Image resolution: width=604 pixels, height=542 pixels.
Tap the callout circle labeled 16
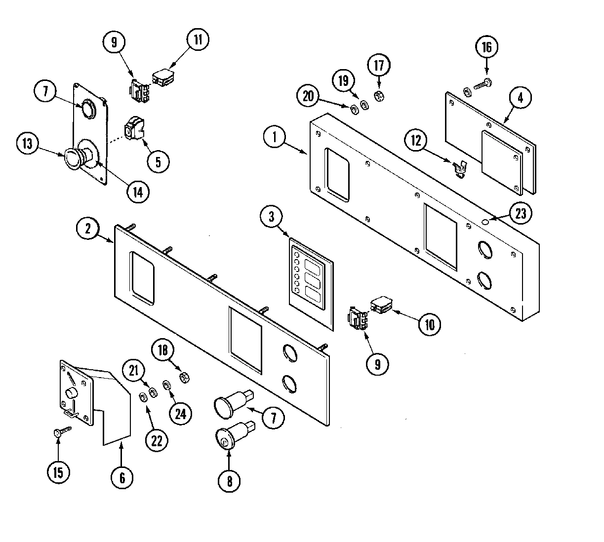(x=487, y=47)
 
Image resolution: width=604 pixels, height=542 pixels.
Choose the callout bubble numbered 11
(x=198, y=40)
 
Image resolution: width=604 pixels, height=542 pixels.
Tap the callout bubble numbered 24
(x=180, y=413)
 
